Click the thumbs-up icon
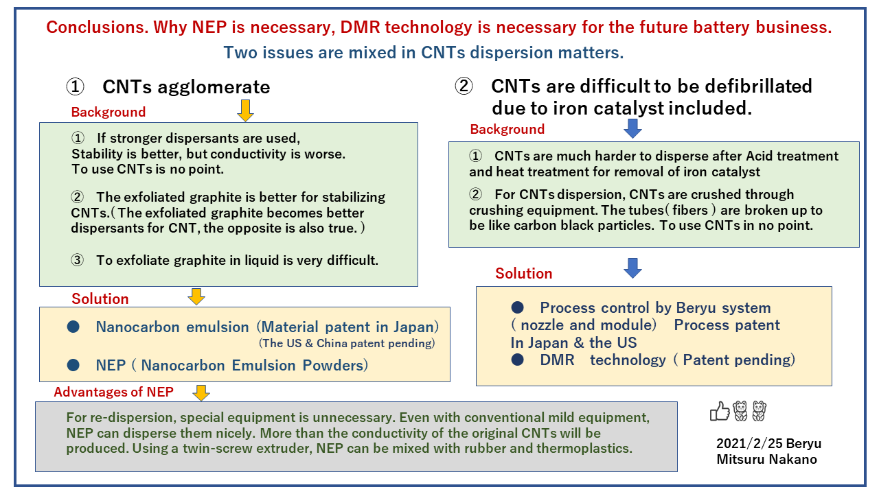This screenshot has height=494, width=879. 719,411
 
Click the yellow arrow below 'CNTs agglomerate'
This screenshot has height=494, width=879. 245,110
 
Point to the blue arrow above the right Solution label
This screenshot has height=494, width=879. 632,268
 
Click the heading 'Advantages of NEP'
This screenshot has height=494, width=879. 114,392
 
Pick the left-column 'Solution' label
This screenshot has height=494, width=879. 100,298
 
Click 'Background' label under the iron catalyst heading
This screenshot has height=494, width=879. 507,129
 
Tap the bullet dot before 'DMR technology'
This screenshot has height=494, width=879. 518,360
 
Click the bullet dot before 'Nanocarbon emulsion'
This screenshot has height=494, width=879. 73,327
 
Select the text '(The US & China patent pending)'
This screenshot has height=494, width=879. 347,343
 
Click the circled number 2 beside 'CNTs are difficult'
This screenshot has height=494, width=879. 464,86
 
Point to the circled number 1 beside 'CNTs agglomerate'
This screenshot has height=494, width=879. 75,87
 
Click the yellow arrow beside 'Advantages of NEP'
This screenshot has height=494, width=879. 201,392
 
